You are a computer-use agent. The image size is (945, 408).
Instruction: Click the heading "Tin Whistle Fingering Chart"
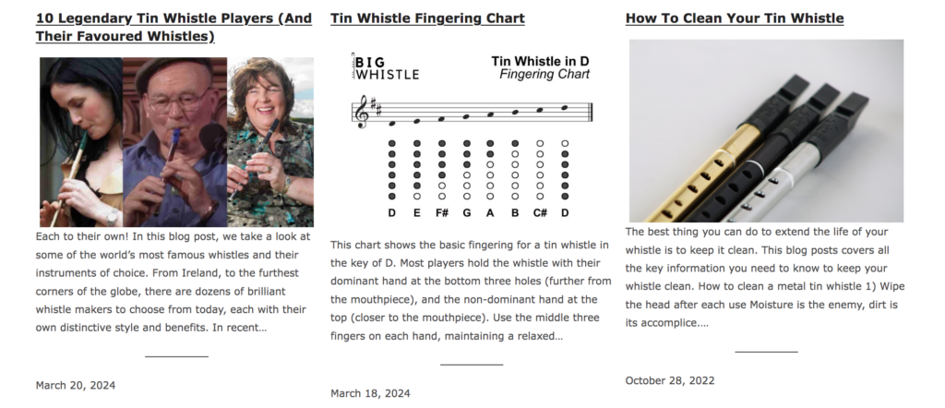(427, 18)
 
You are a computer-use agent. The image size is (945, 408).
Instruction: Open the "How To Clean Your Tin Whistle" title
(734, 18)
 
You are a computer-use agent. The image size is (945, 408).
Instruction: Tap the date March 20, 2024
(76, 385)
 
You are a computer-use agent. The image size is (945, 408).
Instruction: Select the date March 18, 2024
(370, 393)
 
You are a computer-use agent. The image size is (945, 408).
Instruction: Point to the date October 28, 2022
(670, 380)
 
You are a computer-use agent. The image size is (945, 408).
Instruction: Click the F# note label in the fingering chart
(442, 212)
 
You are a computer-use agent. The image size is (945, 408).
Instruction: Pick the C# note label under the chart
(539, 212)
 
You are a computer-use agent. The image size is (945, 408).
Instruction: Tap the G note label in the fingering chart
(466, 212)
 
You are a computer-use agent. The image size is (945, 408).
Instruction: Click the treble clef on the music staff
(362, 112)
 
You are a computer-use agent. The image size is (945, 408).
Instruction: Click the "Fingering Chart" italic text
(544, 75)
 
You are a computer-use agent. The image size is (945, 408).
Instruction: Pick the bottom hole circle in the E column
(417, 197)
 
